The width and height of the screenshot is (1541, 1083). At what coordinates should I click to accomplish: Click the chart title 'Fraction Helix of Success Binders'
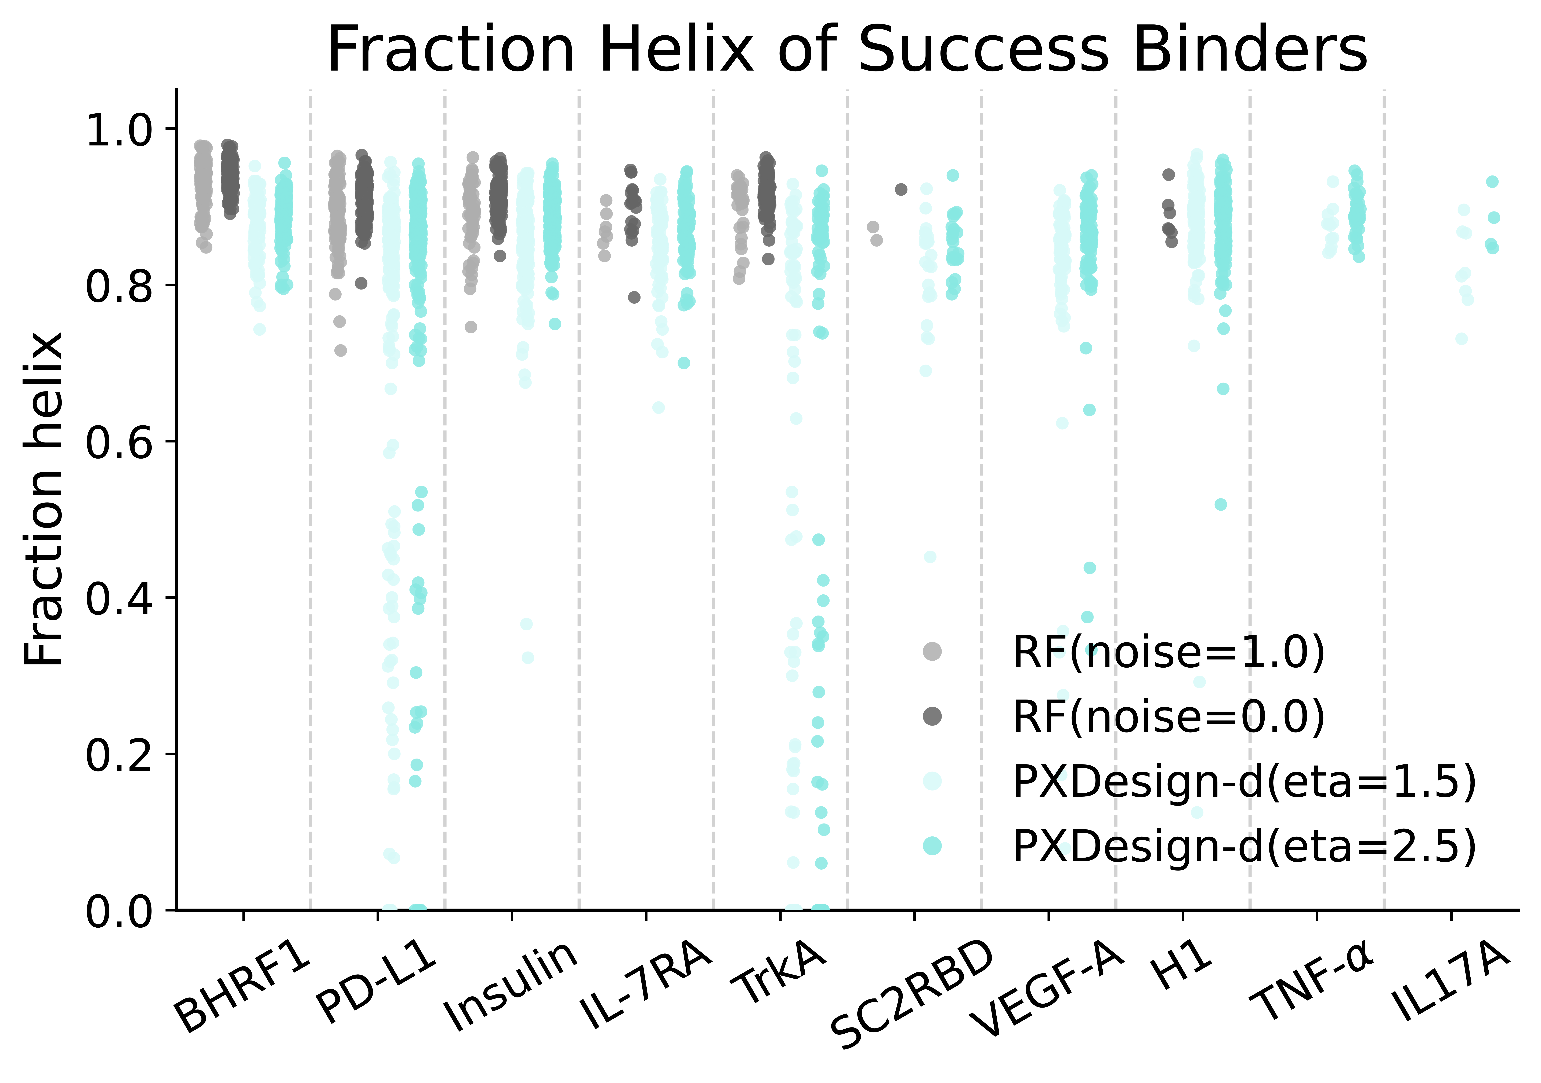[847, 50]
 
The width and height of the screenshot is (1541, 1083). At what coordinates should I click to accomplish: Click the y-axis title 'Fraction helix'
[44, 500]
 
